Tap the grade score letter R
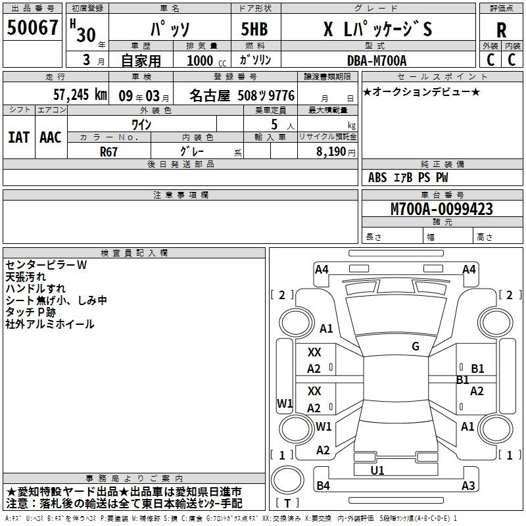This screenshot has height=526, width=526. coord(501,30)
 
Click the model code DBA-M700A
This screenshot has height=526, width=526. coord(377,60)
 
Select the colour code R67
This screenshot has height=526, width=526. coord(109,150)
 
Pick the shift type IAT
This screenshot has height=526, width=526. coord(18,137)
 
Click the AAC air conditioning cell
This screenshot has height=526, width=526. coord(50,137)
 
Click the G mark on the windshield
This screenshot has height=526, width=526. coord(415,347)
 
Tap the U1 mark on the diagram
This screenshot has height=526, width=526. coord(377,470)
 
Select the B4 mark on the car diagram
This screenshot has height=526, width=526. coord(323,486)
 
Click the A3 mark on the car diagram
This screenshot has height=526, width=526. coord(467,486)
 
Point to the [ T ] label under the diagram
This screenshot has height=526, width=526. coord(288,504)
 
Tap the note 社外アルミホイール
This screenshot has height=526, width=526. coord(50,324)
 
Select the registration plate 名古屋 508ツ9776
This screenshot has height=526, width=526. coord(242,95)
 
